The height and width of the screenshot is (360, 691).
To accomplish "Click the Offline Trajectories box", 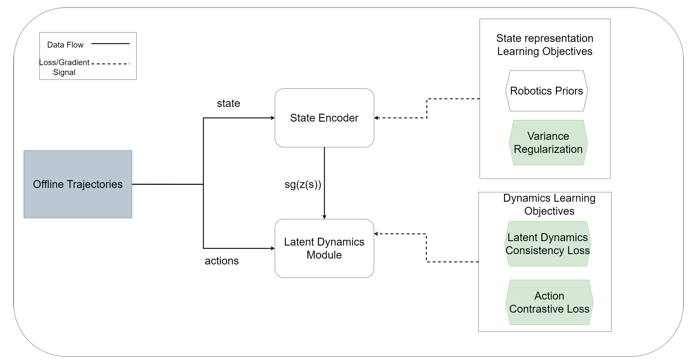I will click(78, 184).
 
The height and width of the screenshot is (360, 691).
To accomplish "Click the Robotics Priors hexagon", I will click(546, 91).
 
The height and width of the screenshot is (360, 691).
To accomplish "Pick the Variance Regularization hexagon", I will click(548, 143).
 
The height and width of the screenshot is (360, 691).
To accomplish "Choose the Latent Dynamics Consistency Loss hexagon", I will click(548, 244).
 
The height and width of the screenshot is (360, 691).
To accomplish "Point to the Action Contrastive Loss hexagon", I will click(549, 302).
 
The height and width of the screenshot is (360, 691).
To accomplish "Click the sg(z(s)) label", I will click(303, 184).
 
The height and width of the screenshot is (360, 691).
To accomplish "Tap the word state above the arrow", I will click(228, 103).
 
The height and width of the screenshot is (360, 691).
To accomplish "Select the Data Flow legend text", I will click(65, 45).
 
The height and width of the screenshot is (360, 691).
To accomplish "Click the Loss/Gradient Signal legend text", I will click(64, 67).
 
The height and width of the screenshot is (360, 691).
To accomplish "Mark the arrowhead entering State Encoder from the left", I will click(273, 118).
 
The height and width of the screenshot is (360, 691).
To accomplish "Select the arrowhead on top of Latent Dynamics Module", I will click(324, 217).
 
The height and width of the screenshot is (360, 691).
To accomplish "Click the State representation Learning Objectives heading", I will click(544, 45).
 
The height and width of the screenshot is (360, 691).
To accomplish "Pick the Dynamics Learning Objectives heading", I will click(549, 205).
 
